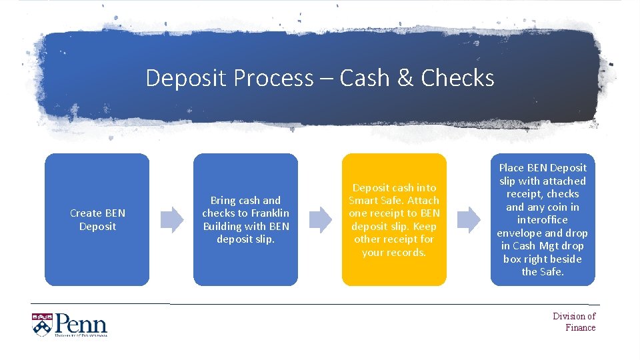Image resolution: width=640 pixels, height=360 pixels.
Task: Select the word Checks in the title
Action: (x=457, y=79)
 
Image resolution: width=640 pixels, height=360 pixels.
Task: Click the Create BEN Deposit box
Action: (x=97, y=219)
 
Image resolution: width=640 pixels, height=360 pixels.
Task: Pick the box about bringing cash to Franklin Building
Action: (x=245, y=219)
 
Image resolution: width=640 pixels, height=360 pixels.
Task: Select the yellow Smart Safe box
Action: (x=394, y=219)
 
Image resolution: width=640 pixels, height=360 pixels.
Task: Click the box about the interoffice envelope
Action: (x=542, y=219)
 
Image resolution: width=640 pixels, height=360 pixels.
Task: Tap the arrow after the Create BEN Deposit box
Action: (x=172, y=219)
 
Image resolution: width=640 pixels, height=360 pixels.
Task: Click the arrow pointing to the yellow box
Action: (x=321, y=219)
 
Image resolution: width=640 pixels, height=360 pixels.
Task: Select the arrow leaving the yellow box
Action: (x=469, y=219)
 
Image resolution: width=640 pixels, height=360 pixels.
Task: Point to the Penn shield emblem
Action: (x=41, y=324)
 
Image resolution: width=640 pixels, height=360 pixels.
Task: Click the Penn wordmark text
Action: (x=81, y=324)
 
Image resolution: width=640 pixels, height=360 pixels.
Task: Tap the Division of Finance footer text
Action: (x=574, y=321)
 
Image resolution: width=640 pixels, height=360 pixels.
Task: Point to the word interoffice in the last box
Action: (x=542, y=220)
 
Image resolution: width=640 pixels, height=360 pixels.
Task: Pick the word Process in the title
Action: (x=273, y=79)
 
